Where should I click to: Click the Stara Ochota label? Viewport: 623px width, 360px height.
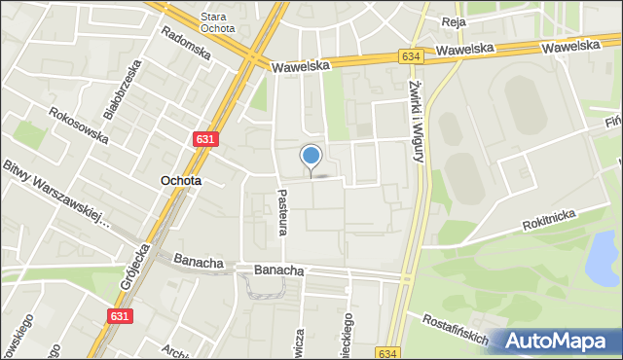pos(217,22)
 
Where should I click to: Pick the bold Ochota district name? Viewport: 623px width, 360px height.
pos(181,181)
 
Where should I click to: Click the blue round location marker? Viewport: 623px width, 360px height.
pos(311,156)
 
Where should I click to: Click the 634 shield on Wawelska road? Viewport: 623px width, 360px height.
pos(410,58)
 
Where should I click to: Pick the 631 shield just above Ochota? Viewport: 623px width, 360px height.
pos(205,139)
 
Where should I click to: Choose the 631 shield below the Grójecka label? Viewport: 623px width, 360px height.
pos(119,316)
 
